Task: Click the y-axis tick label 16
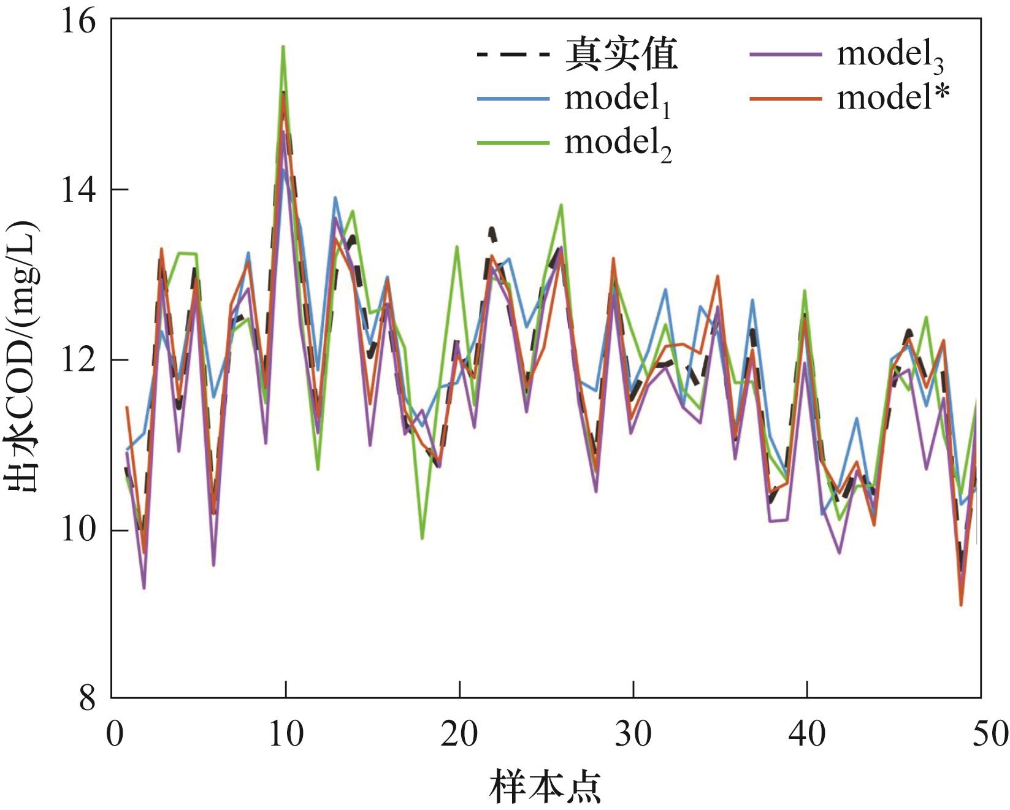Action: pyautogui.click(x=79, y=20)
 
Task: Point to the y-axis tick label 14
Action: pyautogui.click(x=79, y=190)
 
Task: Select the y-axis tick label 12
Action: pyautogui.click(x=79, y=360)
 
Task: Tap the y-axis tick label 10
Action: pyautogui.click(x=79, y=530)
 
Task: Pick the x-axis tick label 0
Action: pyautogui.click(x=113, y=733)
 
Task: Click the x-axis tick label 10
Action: pyautogui.click(x=286, y=733)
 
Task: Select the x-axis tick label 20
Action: pyautogui.click(x=459, y=733)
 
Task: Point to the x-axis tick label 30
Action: pyautogui.click(x=633, y=733)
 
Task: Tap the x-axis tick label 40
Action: pyautogui.click(x=806, y=733)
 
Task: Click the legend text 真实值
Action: pyautogui.click(x=621, y=53)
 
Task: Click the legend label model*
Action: pyautogui.click(x=893, y=97)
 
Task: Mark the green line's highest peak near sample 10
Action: pyautogui.click(x=283, y=47)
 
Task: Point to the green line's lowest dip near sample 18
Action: pyautogui.click(x=422, y=538)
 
